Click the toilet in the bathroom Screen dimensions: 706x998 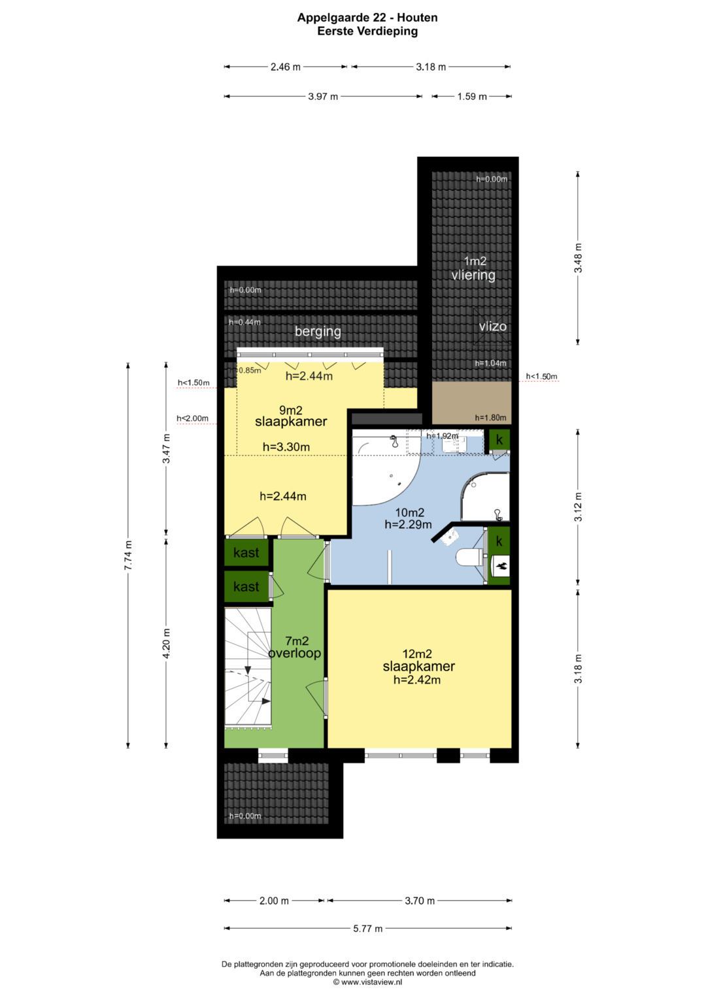[469, 556]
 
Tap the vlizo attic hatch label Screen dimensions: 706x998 [492, 326]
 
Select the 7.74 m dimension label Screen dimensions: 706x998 [128, 555]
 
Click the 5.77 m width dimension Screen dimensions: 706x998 [367, 929]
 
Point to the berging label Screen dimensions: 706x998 [318, 331]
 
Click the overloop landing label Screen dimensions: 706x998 [295, 653]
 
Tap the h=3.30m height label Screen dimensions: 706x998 [286, 447]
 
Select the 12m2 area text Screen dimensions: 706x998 [417, 654]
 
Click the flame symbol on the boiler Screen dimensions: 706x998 [501, 567]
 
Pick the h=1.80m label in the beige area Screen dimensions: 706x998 [490, 418]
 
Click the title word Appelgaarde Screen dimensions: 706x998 [331, 18]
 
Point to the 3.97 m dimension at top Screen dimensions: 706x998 [323, 96]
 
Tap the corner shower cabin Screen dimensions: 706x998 [485, 497]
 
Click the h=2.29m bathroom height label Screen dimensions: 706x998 [409, 524]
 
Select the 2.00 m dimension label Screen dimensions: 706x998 [274, 901]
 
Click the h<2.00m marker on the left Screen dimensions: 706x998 [193, 418]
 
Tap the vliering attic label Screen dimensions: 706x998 [473, 275]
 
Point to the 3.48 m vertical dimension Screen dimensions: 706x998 [578, 258]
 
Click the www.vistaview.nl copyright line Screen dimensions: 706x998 [367, 982]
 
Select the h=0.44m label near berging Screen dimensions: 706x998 [244, 322]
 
